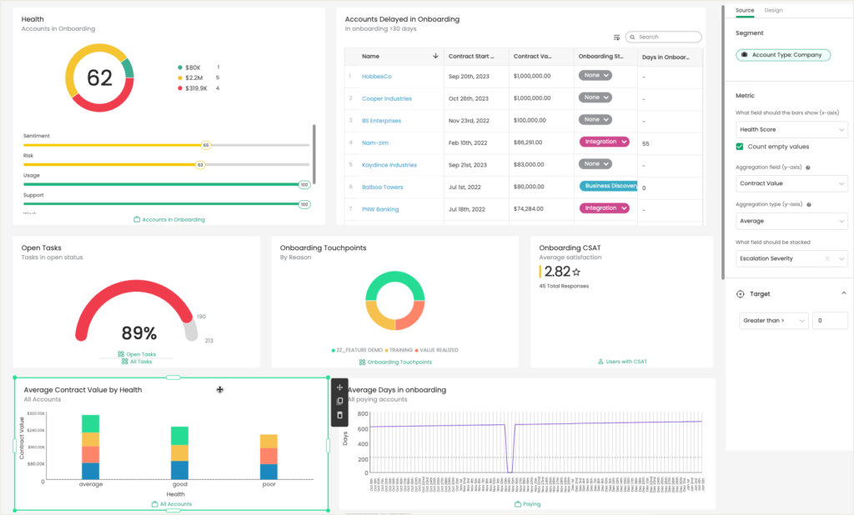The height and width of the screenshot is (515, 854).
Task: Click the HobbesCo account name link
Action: [376, 76]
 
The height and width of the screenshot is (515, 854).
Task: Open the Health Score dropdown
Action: [792, 129]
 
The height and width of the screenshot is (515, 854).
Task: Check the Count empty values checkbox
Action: [740, 147]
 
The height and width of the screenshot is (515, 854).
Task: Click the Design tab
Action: [773, 10]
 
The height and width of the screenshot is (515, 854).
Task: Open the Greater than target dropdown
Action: [773, 320]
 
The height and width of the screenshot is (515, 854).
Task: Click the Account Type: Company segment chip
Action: [783, 55]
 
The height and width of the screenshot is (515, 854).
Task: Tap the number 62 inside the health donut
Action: [99, 78]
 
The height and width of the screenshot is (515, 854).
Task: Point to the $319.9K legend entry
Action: [196, 87]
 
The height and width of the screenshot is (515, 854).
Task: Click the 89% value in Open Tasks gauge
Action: [138, 333]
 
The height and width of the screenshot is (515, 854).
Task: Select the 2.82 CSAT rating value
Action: [557, 272]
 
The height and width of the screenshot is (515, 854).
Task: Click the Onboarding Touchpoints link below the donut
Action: [399, 362]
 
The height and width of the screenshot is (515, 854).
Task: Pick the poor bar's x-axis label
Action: [269, 484]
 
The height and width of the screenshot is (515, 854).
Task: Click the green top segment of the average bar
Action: [91, 422]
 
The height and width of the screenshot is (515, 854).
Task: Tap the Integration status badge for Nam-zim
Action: [604, 142]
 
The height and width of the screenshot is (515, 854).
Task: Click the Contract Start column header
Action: [472, 57]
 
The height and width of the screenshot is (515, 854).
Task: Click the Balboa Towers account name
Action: [382, 187]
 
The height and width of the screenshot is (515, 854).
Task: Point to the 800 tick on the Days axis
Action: [363, 413]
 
